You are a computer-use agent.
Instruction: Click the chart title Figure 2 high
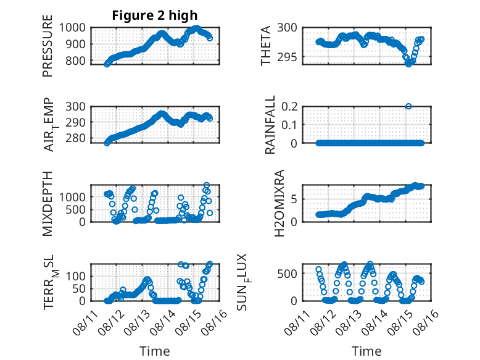pos(155,15)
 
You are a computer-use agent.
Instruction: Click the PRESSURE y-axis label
pos(48,46)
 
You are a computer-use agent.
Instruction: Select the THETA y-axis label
pos(266,46)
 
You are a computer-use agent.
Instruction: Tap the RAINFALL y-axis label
pos(270,125)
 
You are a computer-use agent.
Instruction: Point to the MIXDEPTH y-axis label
pos(48,203)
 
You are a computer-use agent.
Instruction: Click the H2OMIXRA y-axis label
pos(279,203)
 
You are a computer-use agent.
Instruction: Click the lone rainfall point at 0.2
pos(408,106)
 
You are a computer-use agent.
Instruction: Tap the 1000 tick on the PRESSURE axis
pos(72,28)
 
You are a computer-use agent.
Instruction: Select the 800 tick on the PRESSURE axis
pos(75,61)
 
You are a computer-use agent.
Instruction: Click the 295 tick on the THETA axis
pos(287,57)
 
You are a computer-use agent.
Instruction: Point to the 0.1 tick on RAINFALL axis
pos(289,125)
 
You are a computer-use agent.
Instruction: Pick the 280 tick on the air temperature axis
pos(75,138)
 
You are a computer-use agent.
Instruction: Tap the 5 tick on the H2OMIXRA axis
pos(294,199)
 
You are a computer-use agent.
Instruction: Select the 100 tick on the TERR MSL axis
pos(75,277)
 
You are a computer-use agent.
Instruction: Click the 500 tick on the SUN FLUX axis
pos(287,274)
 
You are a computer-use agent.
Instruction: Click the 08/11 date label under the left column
pos(85,322)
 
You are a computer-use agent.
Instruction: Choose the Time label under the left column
pos(155,351)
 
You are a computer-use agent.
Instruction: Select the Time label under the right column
pos(366,351)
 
